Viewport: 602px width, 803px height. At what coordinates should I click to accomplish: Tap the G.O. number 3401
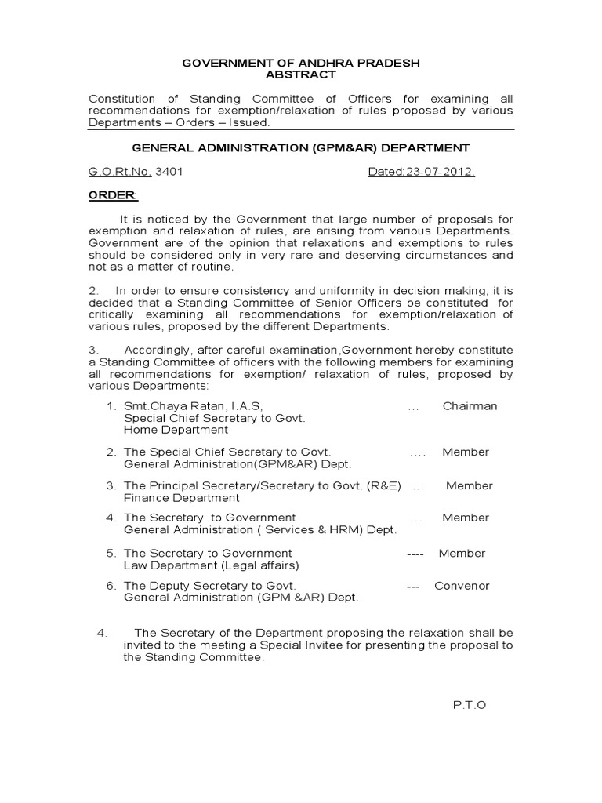pyautogui.click(x=169, y=172)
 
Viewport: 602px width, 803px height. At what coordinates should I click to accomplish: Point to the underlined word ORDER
pyautogui.click(x=111, y=195)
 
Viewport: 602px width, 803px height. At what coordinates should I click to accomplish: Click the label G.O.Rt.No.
pyautogui.click(x=119, y=172)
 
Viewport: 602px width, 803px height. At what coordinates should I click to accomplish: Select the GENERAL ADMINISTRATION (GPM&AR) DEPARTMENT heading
pyautogui.click(x=300, y=147)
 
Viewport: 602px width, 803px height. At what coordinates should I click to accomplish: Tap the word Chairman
pyautogui.click(x=470, y=406)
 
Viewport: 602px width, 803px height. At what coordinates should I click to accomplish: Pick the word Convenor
pyautogui.click(x=462, y=586)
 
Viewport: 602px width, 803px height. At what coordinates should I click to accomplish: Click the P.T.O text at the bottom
pyautogui.click(x=470, y=704)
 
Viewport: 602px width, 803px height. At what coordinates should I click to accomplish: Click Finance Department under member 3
pyautogui.click(x=181, y=498)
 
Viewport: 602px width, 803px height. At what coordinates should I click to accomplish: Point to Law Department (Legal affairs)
pyautogui.click(x=211, y=565)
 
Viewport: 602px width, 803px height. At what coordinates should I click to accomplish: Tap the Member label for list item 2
pyautogui.click(x=466, y=452)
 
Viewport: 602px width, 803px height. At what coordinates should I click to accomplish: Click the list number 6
pyautogui.click(x=111, y=586)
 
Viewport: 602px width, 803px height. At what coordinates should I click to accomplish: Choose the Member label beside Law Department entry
pyautogui.click(x=462, y=554)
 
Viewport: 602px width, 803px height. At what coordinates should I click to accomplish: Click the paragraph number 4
pyautogui.click(x=100, y=634)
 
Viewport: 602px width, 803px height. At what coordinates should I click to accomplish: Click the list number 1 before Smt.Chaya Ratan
pyautogui.click(x=111, y=406)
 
